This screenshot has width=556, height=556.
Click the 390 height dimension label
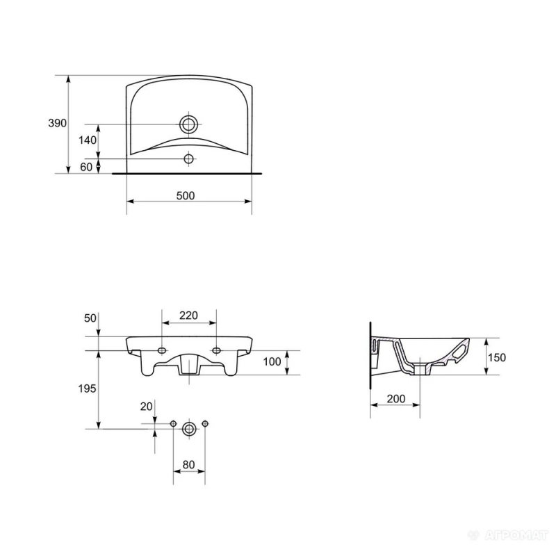(x=58, y=123)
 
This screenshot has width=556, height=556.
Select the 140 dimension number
(x=88, y=140)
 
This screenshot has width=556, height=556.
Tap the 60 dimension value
(x=86, y=167)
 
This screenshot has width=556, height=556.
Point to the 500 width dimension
(x=186, y=195)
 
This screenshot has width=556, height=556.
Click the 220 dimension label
(x=188, y=316)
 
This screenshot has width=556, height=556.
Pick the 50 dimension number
(x=90, y=318)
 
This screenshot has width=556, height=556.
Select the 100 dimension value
(x=272, y=361)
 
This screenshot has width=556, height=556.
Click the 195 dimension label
(x=88, y=389)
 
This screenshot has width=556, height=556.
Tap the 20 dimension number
(x=146, y=407)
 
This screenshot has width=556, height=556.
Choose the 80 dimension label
(x=188, y=464)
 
